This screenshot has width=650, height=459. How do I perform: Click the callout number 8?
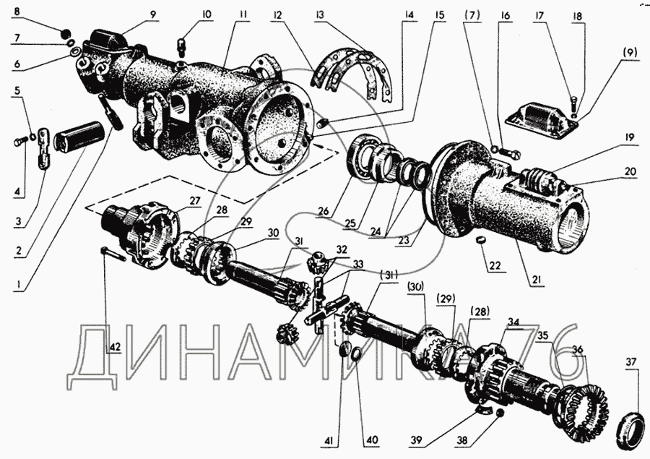[16, 12]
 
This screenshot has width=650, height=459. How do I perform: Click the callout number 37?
[630, 362]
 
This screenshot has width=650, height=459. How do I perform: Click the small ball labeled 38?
[499, 413]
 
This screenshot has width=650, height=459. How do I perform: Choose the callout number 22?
[495, 265]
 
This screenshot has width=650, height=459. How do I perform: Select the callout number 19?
[630, 137]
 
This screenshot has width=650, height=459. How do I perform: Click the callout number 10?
[207, 14]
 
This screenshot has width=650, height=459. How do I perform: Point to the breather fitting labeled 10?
[181, 46]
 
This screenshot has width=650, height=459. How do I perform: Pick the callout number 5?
[17, 90]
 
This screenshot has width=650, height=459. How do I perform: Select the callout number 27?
[195, 201]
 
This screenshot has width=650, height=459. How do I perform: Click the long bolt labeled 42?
[113, 254]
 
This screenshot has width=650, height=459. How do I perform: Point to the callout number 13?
[319, 14]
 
